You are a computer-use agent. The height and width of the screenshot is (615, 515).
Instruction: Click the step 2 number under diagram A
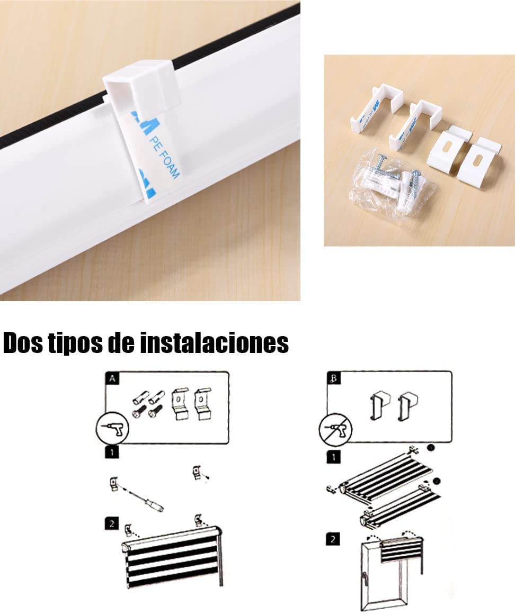pyautogui.click(x=112, y=524)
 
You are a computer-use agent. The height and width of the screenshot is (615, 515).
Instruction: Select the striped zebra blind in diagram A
pyautogui.click(x=173, y=558)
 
